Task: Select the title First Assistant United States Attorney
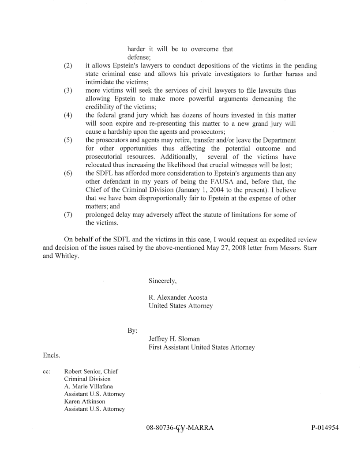pos(202,347)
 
